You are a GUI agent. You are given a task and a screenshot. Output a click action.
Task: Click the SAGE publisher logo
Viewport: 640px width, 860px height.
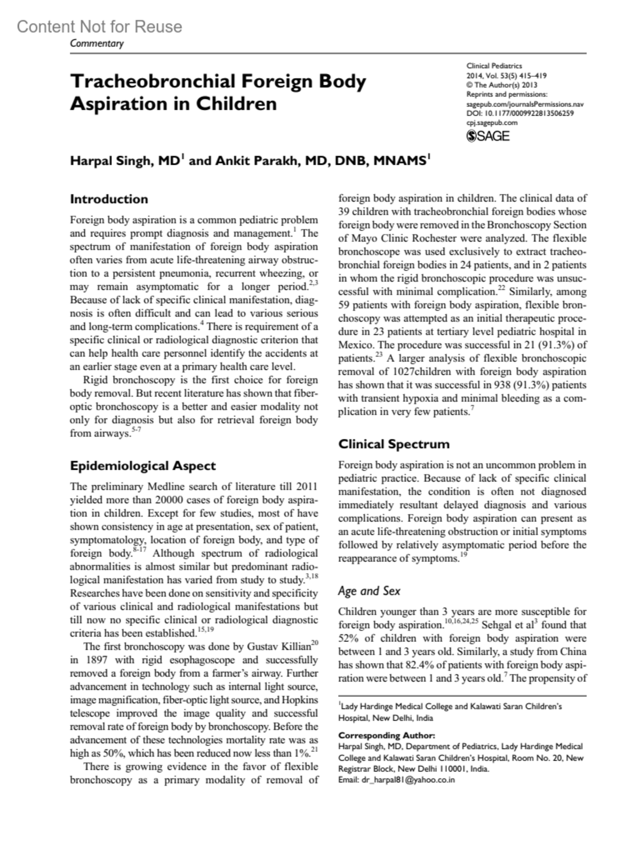coord(488,136)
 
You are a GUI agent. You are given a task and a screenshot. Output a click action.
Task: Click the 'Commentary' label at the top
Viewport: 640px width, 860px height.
coord(97,44)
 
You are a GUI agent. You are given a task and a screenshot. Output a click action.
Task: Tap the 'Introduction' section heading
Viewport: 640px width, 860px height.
coord(109,199)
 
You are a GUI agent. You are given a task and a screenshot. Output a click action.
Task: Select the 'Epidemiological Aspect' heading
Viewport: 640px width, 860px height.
coord(143,466)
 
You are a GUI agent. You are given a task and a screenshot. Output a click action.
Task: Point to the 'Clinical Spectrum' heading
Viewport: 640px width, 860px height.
coord(394,444)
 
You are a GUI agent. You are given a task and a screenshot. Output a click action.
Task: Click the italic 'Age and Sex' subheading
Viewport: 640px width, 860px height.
coord(369,591)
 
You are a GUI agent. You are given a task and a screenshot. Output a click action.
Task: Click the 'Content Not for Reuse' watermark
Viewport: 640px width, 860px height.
coord(99,27)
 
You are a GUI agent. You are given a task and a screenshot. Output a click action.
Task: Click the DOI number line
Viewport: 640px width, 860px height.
coord(520,113)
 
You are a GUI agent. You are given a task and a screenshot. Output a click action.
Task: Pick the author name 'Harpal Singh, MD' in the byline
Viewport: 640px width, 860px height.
coord(126,160)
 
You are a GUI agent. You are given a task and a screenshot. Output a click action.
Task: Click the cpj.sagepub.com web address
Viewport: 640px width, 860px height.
coord(492,123)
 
